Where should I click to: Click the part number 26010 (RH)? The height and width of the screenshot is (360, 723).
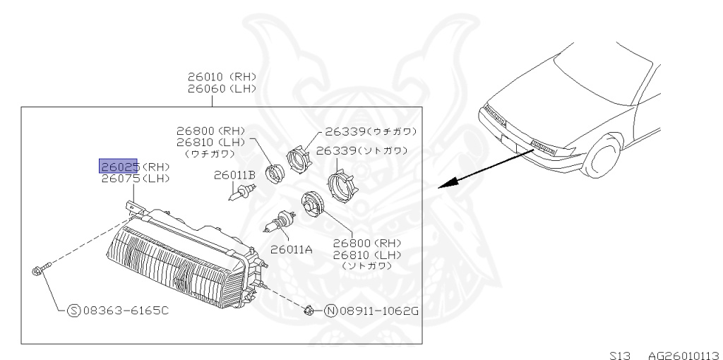[x=221, y=77]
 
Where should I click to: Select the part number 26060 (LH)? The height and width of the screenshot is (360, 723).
[x=221, y=89]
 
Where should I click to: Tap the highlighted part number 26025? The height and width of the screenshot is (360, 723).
[x=119, y=167]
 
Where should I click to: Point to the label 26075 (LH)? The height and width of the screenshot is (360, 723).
[x=135, y=179]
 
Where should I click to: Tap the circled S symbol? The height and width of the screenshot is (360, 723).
[x=73, y=310]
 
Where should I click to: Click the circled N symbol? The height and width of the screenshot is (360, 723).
[x=330, y=310]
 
